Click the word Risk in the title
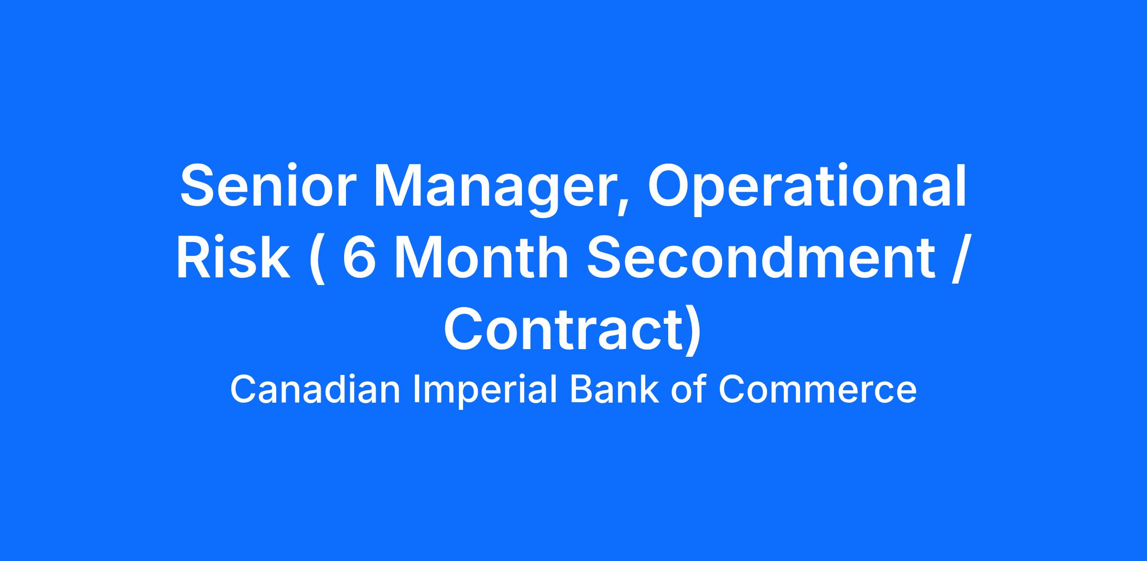click(234, 257)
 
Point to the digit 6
click(358, 257)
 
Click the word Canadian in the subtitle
click(315, 390)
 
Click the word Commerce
click(818, 390)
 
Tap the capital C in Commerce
click(732, 390)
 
